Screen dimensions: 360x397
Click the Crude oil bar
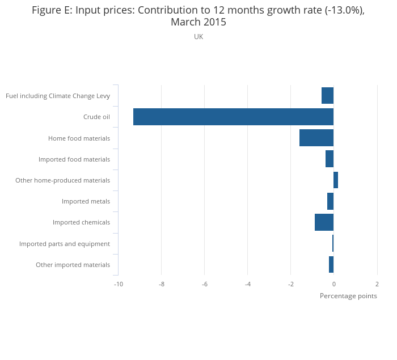click(233, 117)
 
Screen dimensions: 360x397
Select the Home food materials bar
click(316, 138)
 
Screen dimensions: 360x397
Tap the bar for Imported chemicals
click(324, 222)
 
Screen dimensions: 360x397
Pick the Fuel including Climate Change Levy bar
click(327, 95)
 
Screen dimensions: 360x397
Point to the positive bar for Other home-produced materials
click(336, 180)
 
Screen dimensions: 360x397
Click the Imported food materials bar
click(330, 159)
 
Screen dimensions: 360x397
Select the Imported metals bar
click(330, 201)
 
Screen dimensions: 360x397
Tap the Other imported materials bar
click(331, 265)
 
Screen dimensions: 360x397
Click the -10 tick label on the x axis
click(118, 284)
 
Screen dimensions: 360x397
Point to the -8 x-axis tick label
click(161, 284)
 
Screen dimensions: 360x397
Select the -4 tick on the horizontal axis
click(247, 284)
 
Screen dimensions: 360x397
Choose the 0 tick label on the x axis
click(333, 284)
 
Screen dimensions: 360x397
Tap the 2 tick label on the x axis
click(377, 284)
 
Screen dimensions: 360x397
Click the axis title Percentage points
click(348, 296)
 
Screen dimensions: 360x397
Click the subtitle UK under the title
click(198, 37)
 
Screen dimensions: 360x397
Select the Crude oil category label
click(96, 117)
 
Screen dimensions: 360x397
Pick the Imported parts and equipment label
click(65, 244)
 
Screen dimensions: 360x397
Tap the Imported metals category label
click(86, 201)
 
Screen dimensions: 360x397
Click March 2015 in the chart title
click(198, 22)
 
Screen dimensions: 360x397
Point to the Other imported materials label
click(73, 265)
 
